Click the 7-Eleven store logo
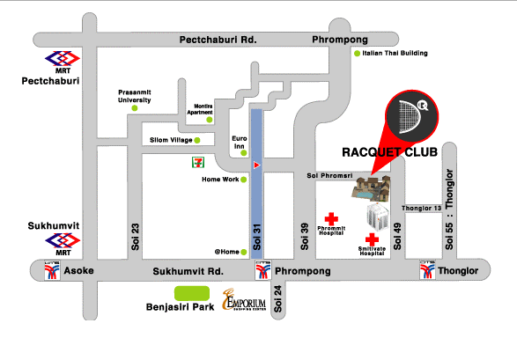[x=198, y=162]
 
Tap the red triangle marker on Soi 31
[x=257, y=165]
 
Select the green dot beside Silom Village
[x=197, y=140]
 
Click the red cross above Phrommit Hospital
[x=331, y=219]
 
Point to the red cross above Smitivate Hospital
[x=372, y=239]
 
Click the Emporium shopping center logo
[x=244, y=300]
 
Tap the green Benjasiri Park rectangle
[x=192, y=293]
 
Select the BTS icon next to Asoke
[x=53, y=270]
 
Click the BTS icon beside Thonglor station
[x=427, y=270]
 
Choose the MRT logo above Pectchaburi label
[x=63, y=59]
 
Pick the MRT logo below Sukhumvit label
[x=63, y=241]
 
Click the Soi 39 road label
[x=305, y=237]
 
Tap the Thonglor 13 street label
[x=421, y=208]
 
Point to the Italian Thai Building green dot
[x=357, y=54]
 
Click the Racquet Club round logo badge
[x=412, y=116]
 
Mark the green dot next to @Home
[x=244, y=253]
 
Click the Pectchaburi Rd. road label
[x=218, y=40]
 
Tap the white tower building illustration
[x=378, y=216]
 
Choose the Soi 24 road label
[x=277, y=298]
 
